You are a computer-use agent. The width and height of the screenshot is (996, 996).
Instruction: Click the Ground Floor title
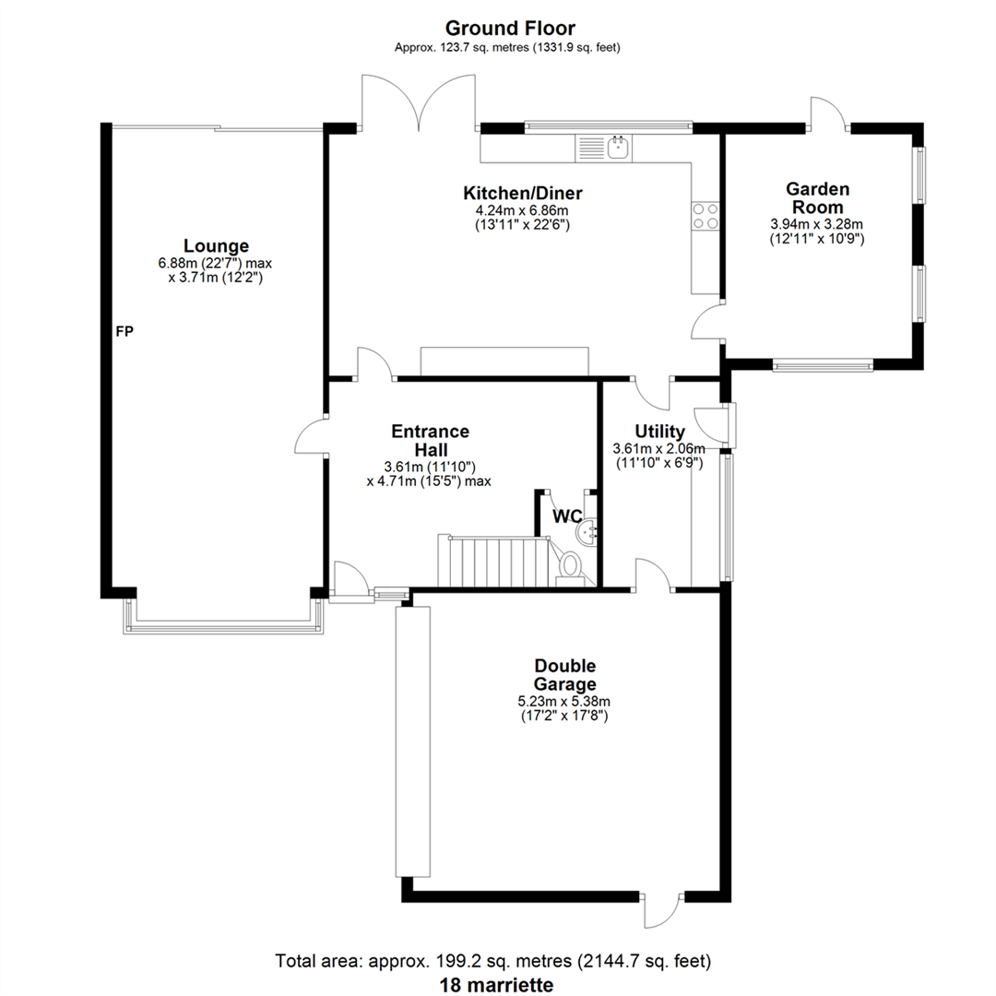tap(510, 28)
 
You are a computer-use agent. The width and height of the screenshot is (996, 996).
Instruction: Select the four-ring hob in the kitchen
tap(705, 216)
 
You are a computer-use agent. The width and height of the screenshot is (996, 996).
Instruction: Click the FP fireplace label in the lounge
tap(125, 331)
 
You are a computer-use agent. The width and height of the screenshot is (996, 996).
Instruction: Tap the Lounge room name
tap(216, 246)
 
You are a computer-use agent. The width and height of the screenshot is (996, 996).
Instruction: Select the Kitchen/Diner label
tap(522, 193)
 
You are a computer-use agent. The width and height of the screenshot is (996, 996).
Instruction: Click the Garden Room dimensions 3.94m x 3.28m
tap(816, 224)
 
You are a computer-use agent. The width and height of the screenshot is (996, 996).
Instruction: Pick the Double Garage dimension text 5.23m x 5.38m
tap(564, 702)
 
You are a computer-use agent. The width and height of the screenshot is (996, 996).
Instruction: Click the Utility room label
tap(660, 432)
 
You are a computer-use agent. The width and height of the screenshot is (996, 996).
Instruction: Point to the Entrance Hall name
tap(431, 441)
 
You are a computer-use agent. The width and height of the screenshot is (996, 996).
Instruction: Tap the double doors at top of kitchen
tap(419, 101)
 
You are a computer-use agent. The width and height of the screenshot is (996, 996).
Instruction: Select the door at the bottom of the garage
tap(661, 910)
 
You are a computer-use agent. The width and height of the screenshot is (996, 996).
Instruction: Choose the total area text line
tap(492, 961)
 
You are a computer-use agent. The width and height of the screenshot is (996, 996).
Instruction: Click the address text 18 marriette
tap(496, 985)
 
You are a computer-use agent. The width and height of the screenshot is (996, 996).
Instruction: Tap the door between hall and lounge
tap(312, 435)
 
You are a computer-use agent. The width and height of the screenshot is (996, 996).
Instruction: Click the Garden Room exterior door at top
tap(827, 113)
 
